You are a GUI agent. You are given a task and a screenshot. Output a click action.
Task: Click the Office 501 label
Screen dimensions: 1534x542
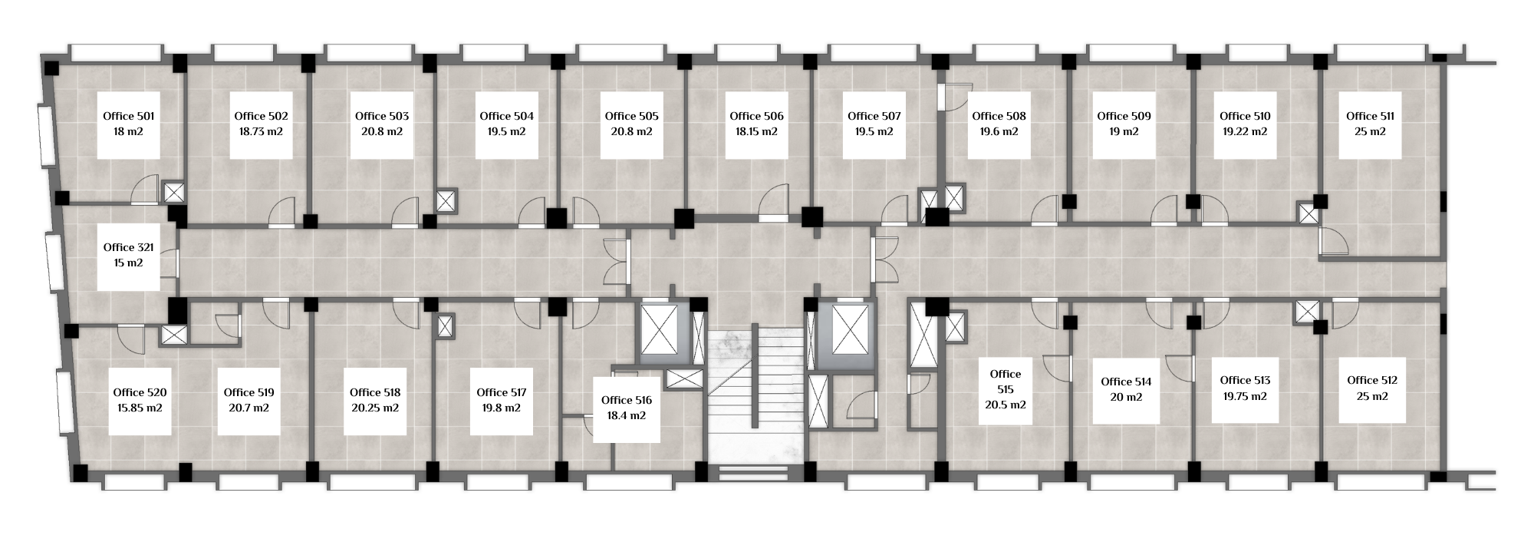(x=128, y=116)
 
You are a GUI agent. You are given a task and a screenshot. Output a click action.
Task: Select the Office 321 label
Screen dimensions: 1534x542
(x=128, y=247)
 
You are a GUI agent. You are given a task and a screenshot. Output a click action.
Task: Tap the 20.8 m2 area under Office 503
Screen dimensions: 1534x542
(x=382, y=131)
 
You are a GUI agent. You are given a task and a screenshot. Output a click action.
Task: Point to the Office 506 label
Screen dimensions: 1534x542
(x=756, y=116)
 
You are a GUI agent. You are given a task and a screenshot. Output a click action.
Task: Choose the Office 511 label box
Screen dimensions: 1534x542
(x=1370, y=126)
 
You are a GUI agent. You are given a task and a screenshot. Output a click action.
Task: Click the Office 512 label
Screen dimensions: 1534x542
(x=1372, y=380)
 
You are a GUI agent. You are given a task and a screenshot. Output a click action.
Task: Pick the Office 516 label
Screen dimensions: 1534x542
(x=627, y=400)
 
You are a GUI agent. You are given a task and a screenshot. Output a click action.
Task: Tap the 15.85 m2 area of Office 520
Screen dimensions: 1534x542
(x=140, y=408)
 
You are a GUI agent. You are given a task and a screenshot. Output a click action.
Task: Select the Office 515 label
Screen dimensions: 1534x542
(x=1006, y=382)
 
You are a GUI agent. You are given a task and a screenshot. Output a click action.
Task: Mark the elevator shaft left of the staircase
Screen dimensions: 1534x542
(x=660, y=333)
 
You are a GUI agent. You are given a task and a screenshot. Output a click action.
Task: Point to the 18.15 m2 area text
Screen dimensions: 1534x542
(x=756, y=131)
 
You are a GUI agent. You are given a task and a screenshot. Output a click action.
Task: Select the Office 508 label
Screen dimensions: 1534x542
(x=999, y=116)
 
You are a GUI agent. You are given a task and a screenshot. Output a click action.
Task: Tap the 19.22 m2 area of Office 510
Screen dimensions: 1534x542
(x=1245, y=131)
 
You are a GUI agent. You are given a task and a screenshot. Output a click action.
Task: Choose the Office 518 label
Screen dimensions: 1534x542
(x=375, y=392)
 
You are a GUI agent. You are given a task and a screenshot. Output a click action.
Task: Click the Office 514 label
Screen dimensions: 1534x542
(x=1126, y=382)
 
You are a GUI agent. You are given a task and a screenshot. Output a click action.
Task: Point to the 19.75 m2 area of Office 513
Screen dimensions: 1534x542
(x=1245, y=396)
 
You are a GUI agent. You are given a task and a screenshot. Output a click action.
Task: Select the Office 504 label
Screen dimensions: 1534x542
(x=506, y=116)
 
